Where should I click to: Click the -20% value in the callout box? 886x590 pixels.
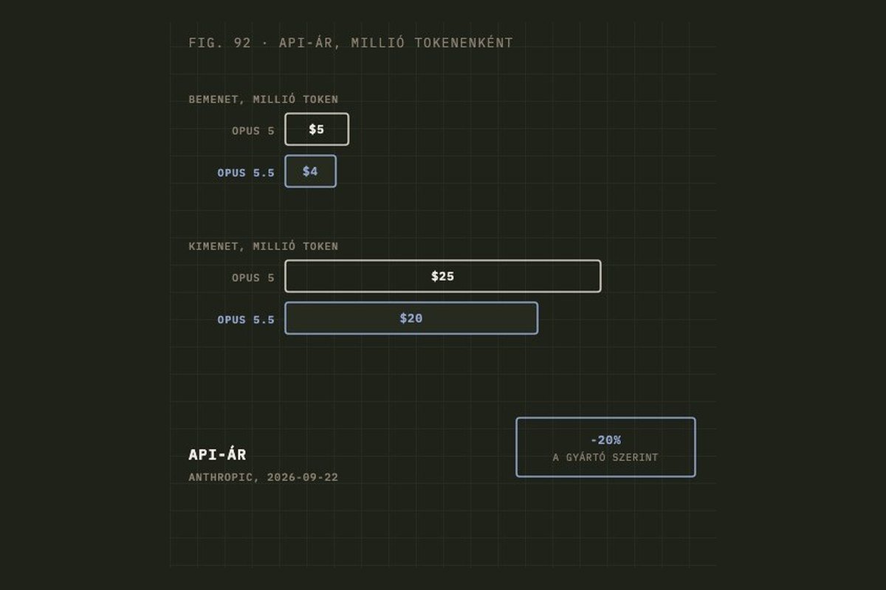[x=605, y=440]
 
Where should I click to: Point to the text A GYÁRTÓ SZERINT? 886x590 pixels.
[x=605, y=457]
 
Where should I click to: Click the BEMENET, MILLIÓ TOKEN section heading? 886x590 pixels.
[x=264, y=99]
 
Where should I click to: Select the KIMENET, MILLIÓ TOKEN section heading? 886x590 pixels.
[x=264, y=246]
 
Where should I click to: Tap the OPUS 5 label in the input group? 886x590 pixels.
[x=253, y=131]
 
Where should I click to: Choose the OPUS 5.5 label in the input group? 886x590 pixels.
[x=246, y=173]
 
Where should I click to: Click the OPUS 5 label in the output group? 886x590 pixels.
[x=253, y=278]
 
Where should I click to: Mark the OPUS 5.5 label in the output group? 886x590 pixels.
[x=246, y=319]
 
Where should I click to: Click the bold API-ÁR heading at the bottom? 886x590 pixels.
[x=217, y=454]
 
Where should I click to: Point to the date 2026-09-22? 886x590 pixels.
[x=303, y=477]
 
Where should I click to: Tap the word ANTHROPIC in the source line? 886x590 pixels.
[x=220, y=477]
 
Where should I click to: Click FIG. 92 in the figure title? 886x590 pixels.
[x=219, y=43]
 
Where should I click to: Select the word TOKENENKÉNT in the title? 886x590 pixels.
[x=464, y=42]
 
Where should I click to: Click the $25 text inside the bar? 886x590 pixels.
[x=442, y=277]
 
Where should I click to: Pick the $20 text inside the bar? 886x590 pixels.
[x=411, y=318]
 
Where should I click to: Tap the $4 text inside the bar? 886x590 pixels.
[x=310, y=171]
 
